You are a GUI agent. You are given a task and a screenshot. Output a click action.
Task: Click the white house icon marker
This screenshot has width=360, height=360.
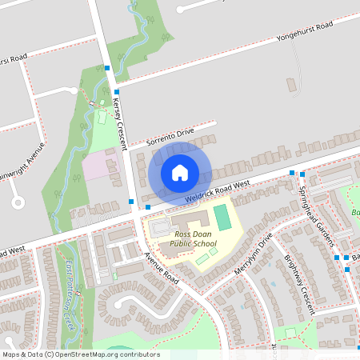[180, 172]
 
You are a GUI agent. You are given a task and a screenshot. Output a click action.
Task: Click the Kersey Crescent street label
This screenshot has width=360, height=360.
[121, 111]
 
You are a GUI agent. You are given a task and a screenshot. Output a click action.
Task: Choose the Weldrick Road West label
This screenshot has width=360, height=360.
[216, 190]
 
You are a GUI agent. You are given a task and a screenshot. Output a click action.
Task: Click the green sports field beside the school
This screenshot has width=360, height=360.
[222, 217]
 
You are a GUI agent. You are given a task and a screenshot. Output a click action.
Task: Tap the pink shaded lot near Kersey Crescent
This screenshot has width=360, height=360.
[100, 165]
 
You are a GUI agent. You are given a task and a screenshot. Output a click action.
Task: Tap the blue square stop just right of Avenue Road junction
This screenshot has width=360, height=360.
[147, 207]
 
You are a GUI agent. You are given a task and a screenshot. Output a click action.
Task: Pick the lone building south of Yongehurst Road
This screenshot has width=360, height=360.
[291, 84]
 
